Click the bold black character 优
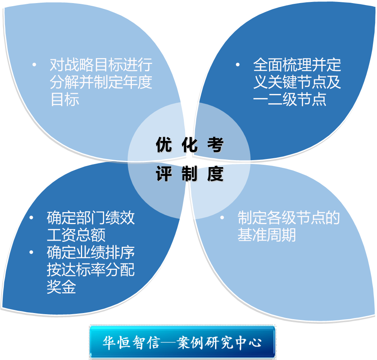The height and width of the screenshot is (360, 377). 164,144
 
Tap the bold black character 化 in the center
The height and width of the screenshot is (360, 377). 189,144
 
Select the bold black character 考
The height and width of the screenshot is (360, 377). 215,144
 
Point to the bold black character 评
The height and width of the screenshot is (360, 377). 164,174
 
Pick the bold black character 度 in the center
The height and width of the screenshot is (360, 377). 215,174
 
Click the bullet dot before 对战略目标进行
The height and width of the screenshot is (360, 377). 34,65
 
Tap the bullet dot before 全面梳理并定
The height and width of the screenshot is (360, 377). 237,64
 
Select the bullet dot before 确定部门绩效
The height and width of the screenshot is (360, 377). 31,218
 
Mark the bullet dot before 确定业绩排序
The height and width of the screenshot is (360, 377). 31,252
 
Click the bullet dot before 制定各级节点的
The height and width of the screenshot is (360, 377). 222,218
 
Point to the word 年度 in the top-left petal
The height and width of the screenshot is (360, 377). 137,82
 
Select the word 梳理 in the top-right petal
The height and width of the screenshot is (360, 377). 297,65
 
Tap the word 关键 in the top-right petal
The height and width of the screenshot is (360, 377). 283,82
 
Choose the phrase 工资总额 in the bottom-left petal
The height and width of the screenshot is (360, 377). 76,235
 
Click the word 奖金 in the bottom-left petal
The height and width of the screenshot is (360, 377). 62,287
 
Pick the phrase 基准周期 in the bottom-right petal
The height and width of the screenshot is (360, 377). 267,235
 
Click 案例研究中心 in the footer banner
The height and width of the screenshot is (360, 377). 219,342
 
